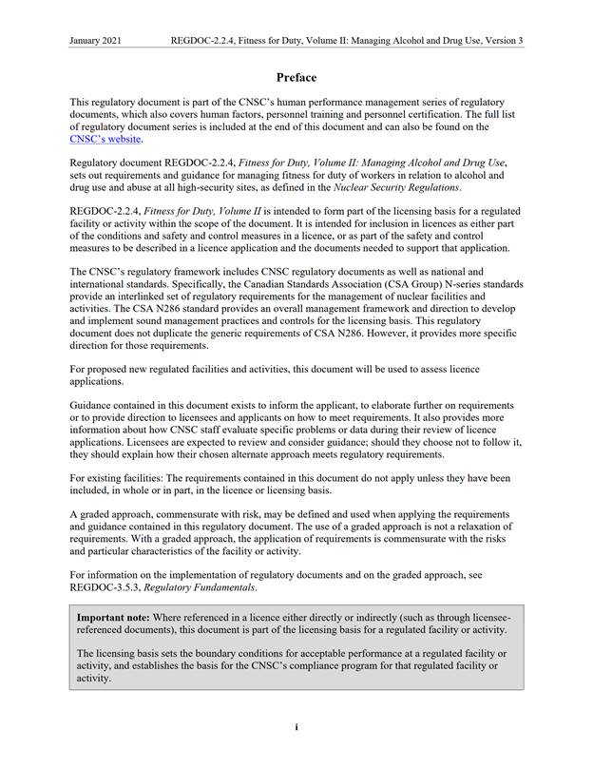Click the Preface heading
pyautogui.click(x=296, y=77)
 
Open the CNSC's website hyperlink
pyautogui.click(x=105, y=139)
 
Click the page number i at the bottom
pyautogui.click(x=296, y=727)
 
